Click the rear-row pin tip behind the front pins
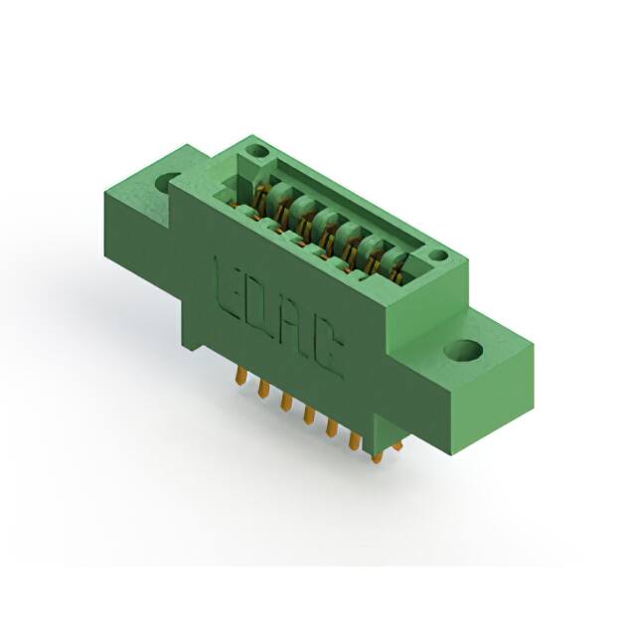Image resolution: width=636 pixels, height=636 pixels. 397,446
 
